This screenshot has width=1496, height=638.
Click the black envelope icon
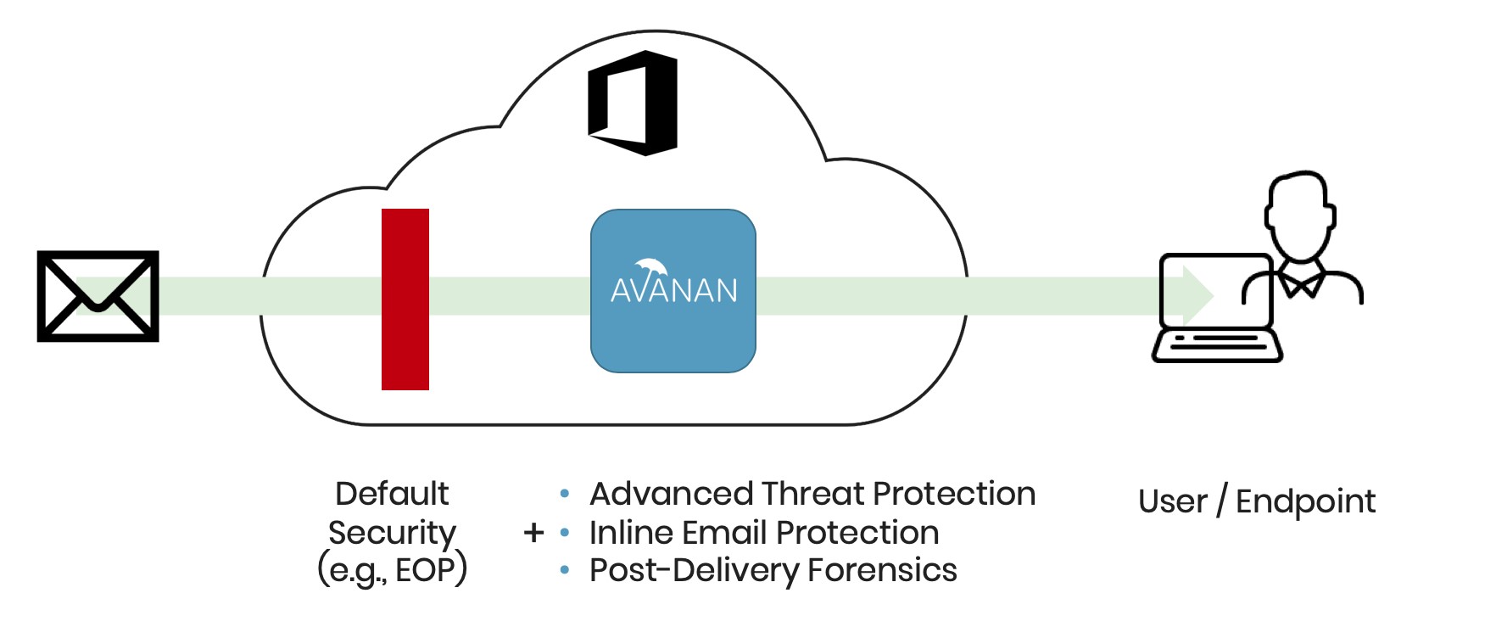pyautogui.click(x=98, y=296)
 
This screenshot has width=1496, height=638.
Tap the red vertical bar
pyautogui.click(x=405, y=299)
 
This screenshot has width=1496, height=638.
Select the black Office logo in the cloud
pyautogui.click(x=634, y=103)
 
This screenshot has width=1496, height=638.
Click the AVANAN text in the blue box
pyautogui.click(x=673, y=291)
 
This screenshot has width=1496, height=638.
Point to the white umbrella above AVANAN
pyautogui.click(x=651, y=266)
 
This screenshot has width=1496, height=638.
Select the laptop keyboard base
pyautogui.click(x=1217, y=345)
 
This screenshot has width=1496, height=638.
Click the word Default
pyautogui.click(x=392, y=494)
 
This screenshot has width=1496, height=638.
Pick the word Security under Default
pyautogui.click(x=392, y=533)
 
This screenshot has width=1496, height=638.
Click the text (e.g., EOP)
pyautogui.click(x=392, y=570)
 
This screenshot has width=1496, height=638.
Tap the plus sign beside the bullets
pyautogui.click(x=533, y=533)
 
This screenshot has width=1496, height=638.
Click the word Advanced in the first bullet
pyautogui.click(x=671, y=494)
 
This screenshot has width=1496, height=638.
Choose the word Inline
pyautogui.click(x=631, y=533)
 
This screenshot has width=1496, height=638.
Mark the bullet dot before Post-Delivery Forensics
pyautogui.click(x=565, y=571)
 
